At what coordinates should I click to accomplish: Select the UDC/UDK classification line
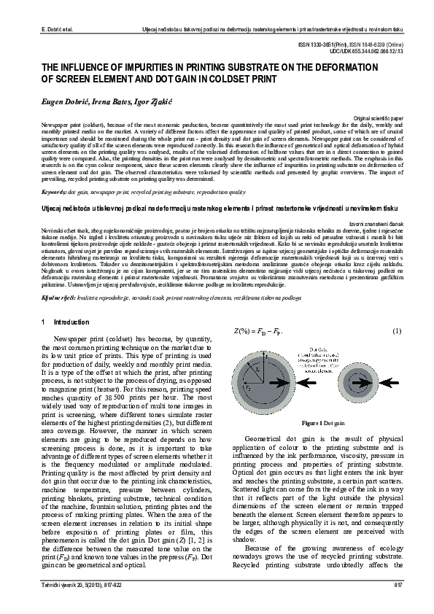click(365, 52)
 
